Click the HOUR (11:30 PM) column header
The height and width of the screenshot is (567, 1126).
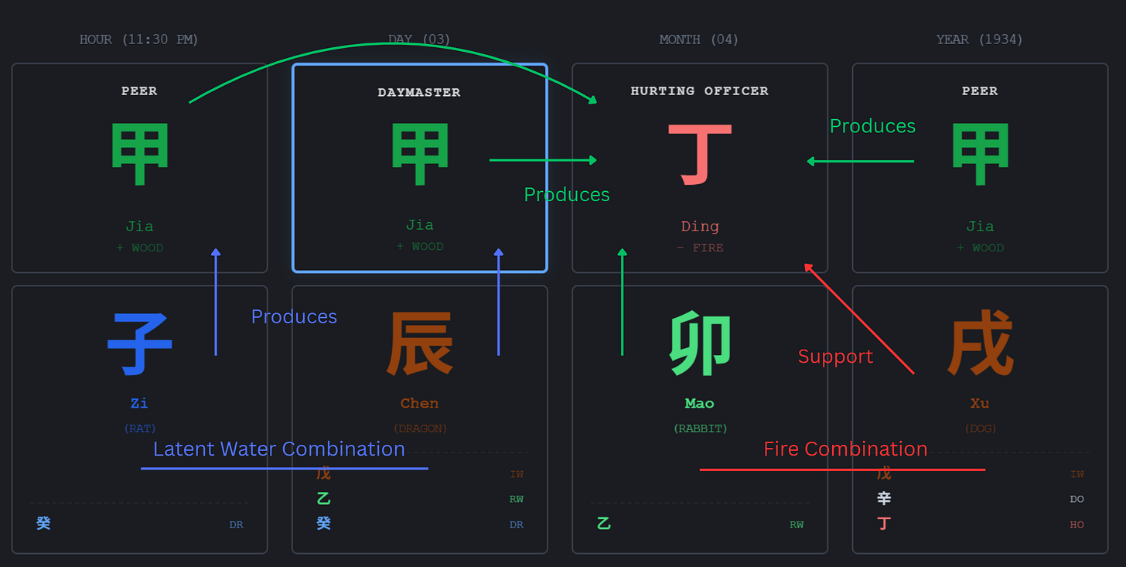coord(139,39)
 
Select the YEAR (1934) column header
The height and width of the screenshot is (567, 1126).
coord(979,39)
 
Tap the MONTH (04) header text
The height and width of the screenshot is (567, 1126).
coord(698,39)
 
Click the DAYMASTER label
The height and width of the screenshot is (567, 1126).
coord(419,93)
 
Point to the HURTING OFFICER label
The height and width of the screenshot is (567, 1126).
coord(699,91)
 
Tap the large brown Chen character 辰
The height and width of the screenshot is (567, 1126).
coord(419,344)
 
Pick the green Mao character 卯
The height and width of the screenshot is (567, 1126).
coord(700,344)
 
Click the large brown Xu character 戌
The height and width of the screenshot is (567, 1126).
coord(980,344)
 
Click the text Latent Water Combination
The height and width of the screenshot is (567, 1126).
coord(278,449)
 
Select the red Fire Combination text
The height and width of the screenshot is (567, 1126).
coord(845,449)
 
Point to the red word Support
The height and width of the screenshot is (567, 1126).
coord(835,357)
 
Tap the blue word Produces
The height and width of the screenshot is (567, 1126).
coord(294,316)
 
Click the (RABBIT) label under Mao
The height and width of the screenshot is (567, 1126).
coord(699,429)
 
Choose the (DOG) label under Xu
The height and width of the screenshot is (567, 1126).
coord(980,429)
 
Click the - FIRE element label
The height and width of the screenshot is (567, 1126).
coord(699,248)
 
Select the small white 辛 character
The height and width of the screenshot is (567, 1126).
coord(884,499)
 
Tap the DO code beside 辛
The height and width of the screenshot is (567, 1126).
coord(1077,500)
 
